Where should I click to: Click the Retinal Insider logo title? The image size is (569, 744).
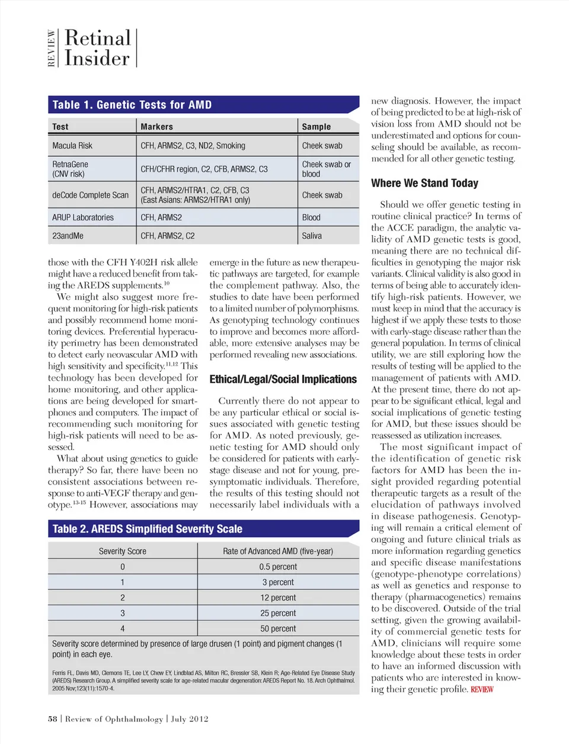click(97, 48)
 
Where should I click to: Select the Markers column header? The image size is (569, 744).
click(156, 127)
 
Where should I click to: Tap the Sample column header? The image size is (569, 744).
click(317, 127)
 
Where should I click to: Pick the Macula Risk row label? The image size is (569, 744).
click(72, 146)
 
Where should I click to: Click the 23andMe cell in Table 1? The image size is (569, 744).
click(68, 236)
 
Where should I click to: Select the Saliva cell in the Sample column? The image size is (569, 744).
click(312, 236)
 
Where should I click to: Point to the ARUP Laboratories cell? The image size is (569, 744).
click(83, 217)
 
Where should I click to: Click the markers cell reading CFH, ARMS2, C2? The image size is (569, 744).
click(168, 236)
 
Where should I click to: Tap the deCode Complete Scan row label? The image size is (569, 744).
click(90, 195)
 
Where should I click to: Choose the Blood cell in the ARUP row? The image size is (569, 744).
click(311, 217)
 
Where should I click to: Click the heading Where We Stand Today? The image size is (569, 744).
click(424, 183)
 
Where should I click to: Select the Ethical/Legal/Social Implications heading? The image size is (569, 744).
click(283, 379)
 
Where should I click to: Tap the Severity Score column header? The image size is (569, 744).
click(122, 551)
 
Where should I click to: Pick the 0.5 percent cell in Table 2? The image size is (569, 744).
click(278, 567)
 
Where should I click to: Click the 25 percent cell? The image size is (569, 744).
click(278, 613)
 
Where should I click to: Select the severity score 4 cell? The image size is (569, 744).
click(122, 628)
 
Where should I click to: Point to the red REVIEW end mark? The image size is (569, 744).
click(482, 690)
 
